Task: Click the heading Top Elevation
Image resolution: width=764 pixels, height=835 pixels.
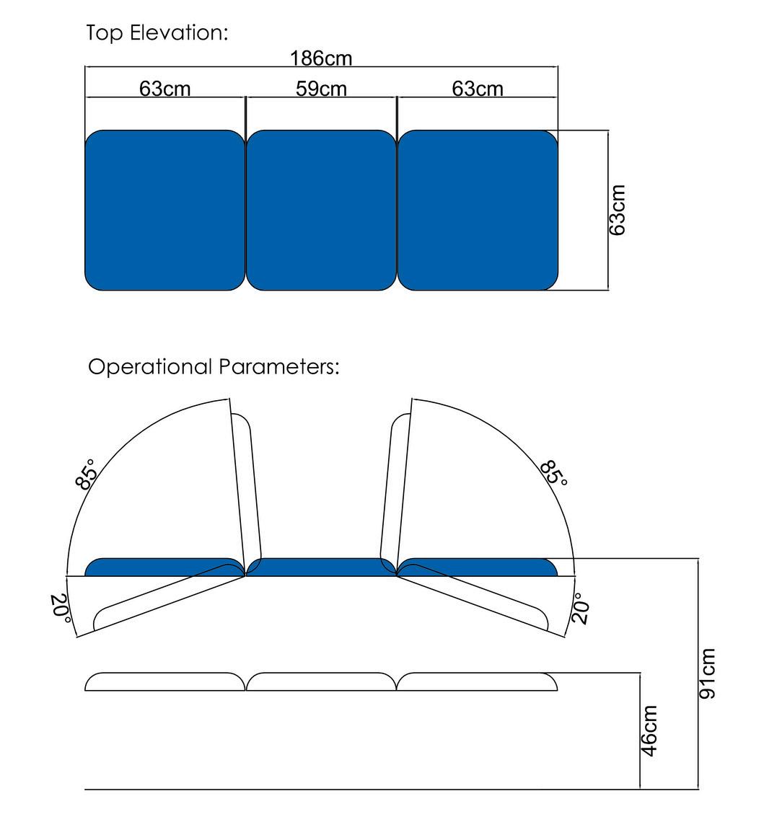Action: [x=157, y=33]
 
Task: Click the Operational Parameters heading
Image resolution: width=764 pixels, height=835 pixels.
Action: [x=214, y=367]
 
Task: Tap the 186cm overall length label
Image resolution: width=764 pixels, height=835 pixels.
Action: [x=321, y=58]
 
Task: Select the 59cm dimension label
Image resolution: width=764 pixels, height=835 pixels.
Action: [x=321, y=89]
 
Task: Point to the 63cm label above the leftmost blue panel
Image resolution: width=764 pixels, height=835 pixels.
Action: [x=165, y=89]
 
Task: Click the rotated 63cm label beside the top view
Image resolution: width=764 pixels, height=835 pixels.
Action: [x=618, y=210]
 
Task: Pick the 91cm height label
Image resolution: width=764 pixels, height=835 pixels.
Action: [x=708, y=673]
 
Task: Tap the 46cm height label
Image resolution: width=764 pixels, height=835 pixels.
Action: [x=649, y=731]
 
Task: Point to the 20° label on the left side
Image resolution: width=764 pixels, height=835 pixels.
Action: [x=61, y=608]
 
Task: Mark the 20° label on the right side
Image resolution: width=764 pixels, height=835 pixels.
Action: [x=581, y=608]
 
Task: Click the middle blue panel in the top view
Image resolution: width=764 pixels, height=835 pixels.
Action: [x=321, y=210]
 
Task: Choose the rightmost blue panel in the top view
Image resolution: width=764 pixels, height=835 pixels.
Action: [x=478, y=210]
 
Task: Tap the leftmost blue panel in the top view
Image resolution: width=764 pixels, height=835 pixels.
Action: [x=165, y=210]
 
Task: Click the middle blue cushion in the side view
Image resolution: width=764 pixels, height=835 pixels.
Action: [x=321, y=567]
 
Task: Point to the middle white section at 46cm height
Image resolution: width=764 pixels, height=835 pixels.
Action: [x=321, y=681]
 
